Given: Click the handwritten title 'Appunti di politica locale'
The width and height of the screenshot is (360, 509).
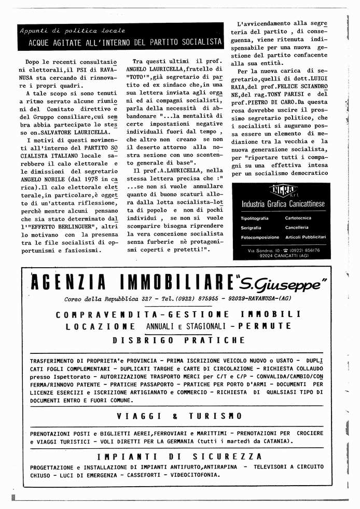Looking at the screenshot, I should click(72, 31).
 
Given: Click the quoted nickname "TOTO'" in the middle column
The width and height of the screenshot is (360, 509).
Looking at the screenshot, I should click(147, 77).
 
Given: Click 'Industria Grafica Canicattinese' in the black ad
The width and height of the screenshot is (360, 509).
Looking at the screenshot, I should click(283, 204).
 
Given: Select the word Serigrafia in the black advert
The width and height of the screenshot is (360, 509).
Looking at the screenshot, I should click(252, 228).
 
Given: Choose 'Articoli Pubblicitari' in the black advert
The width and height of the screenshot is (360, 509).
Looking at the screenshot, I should click(306, 237).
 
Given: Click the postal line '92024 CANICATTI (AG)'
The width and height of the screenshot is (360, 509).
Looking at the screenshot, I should click(284, 255).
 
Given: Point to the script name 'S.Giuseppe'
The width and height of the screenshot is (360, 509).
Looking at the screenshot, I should click(282, 283).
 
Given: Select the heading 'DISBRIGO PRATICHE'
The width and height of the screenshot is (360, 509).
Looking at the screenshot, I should click(178, 340).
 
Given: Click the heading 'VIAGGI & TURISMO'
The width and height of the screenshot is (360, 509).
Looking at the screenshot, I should click(179, 416).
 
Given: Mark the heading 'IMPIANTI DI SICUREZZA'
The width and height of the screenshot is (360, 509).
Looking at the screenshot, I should click(179, 457).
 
